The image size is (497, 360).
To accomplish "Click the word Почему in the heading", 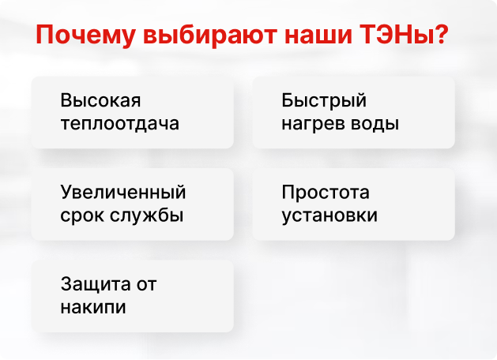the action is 86,36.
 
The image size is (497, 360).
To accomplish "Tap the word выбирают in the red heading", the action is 210,35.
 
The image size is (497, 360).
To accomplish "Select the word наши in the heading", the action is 318,36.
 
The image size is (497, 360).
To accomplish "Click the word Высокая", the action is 100,100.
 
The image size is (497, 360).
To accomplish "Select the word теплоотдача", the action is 120,123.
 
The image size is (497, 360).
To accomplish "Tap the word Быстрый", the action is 324,101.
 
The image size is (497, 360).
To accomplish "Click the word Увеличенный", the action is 123,192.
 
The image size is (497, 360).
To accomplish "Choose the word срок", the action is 82,216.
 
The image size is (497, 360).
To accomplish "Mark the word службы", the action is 147,215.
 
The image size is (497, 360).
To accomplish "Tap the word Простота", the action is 326,192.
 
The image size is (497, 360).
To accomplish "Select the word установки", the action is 329,216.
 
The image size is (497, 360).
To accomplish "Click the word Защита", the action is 95,284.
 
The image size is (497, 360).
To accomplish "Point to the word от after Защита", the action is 146,285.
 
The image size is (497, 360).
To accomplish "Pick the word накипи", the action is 93,307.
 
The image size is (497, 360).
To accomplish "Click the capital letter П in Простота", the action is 288,192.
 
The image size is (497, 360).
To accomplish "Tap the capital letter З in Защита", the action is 66,283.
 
